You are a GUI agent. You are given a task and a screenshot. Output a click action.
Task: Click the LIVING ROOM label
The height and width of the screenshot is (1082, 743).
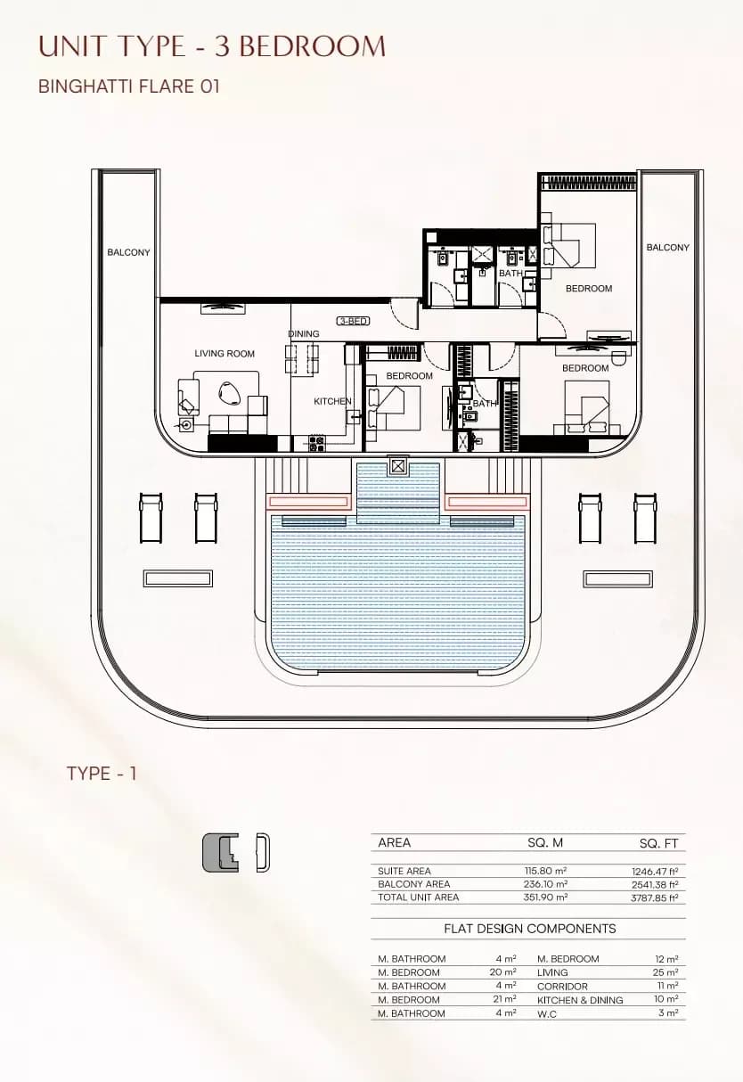click(x=225, y=354)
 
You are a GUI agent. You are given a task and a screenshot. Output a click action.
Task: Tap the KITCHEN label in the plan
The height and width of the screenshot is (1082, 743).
click(x=332, y=401)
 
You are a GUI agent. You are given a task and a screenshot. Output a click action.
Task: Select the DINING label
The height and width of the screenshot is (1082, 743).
click(x=304, y=333)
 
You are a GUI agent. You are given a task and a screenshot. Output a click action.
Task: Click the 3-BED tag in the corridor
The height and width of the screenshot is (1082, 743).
click(x=354, y=321)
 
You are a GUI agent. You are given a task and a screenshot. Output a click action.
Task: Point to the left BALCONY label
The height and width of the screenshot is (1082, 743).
click(x=128, y=252)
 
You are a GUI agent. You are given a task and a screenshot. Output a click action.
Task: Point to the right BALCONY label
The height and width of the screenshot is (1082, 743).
click(x=667, y=247)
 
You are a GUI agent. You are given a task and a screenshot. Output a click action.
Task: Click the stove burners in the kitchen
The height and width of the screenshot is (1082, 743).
click(x=316, y=444)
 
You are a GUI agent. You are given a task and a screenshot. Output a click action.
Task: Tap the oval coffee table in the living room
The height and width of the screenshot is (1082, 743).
click(x=229, y=392)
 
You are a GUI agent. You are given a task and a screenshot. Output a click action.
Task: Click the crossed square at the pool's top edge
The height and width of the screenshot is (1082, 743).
click(x=398, y=467)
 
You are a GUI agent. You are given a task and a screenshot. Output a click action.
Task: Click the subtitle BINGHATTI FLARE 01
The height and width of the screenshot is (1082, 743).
click(x=129, y=86)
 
